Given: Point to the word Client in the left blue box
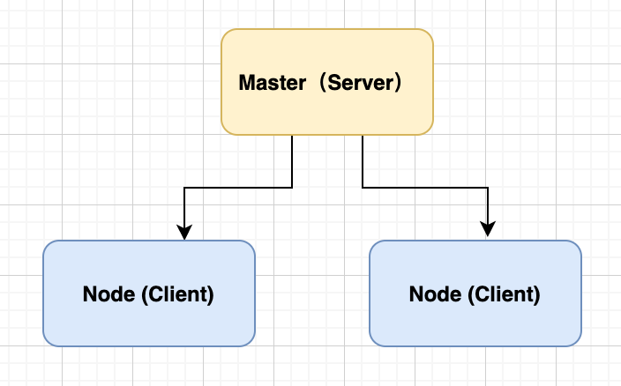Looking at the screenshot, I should pos(179,294).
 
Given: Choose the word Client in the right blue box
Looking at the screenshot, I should pos(505,294).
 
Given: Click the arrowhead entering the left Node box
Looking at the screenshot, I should pos(183,233).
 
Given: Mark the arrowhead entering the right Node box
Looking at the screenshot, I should pos(488,231).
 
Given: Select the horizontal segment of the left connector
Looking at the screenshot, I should pos(238,188).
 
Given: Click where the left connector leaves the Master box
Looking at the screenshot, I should pos(292,137).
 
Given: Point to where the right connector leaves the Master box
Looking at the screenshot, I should pos(363,137).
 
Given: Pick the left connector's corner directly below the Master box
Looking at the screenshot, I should pos(292,188).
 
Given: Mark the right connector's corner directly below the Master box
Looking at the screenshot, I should pos(363,188).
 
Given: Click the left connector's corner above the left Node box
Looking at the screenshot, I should pos(183,188).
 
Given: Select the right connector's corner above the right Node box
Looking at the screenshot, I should pos(488,188).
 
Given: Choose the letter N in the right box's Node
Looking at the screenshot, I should pos(415,294).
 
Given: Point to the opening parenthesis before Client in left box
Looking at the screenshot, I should pos(145,294).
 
